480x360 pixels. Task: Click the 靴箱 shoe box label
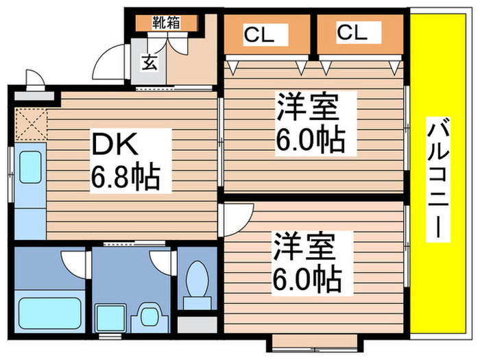pos(166,23)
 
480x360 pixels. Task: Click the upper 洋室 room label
pos(309,109)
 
